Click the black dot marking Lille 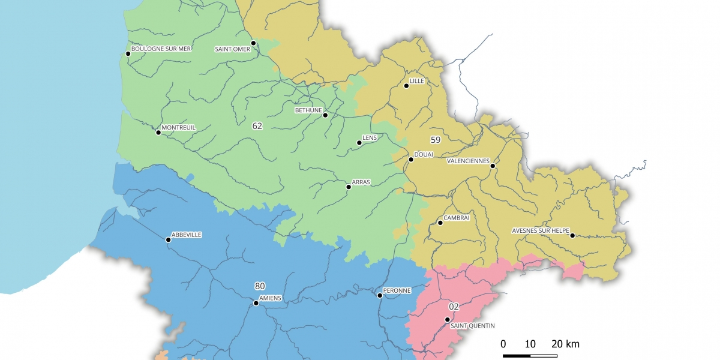[406, 86]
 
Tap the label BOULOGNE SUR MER [161, 49]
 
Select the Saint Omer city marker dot [253, 43]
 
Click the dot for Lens [359, 143]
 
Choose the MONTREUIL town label [179, 127]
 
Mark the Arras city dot [349, 187]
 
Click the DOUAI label [424, 155]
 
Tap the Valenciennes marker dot [492, 166]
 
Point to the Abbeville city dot [168, 240]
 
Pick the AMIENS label [269, 298]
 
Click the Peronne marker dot [379, 296]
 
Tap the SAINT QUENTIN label [473, 326]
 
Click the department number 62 [257, 126]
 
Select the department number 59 [436, 140]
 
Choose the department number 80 [260, 286]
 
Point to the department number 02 [454, 307]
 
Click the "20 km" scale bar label [565, 344]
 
